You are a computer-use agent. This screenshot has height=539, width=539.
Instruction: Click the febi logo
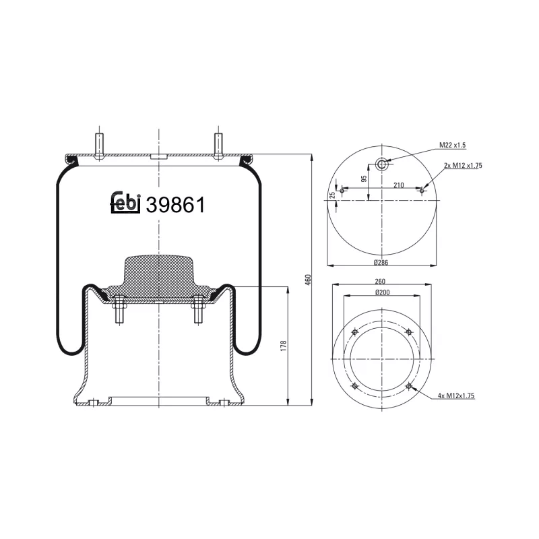pos(125,203)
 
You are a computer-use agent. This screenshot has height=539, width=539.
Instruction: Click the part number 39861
pos(175,204)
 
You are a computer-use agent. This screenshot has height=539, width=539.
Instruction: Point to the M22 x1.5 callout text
pos(453,145)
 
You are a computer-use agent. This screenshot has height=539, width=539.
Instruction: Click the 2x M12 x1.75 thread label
pos(464,165)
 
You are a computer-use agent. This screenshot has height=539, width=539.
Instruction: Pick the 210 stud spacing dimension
pos(399,185)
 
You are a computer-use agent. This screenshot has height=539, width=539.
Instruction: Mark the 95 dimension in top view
pos(363,179)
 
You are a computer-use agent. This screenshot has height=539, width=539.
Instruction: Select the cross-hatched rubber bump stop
pos(158,276)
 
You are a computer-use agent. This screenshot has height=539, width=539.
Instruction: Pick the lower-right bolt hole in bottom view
pos(409,386)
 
